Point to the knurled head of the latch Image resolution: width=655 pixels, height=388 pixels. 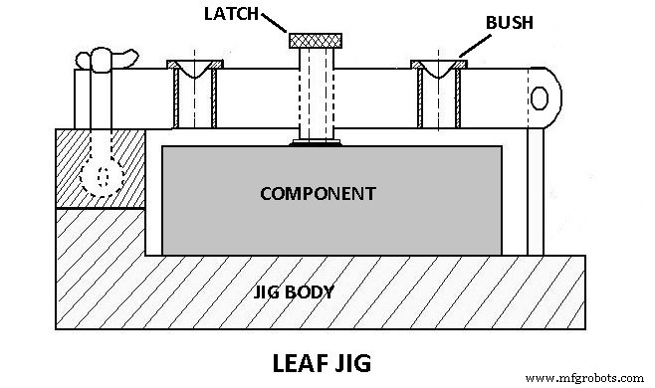[x=317, y=41]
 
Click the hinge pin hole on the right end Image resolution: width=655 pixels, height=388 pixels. [x=539, y=97]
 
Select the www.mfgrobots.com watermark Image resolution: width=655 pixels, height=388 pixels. [x=588, y=378]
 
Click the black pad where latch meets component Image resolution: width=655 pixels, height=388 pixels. [x=317, y=142]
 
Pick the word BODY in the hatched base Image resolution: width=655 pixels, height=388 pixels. [x=311, y=293]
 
